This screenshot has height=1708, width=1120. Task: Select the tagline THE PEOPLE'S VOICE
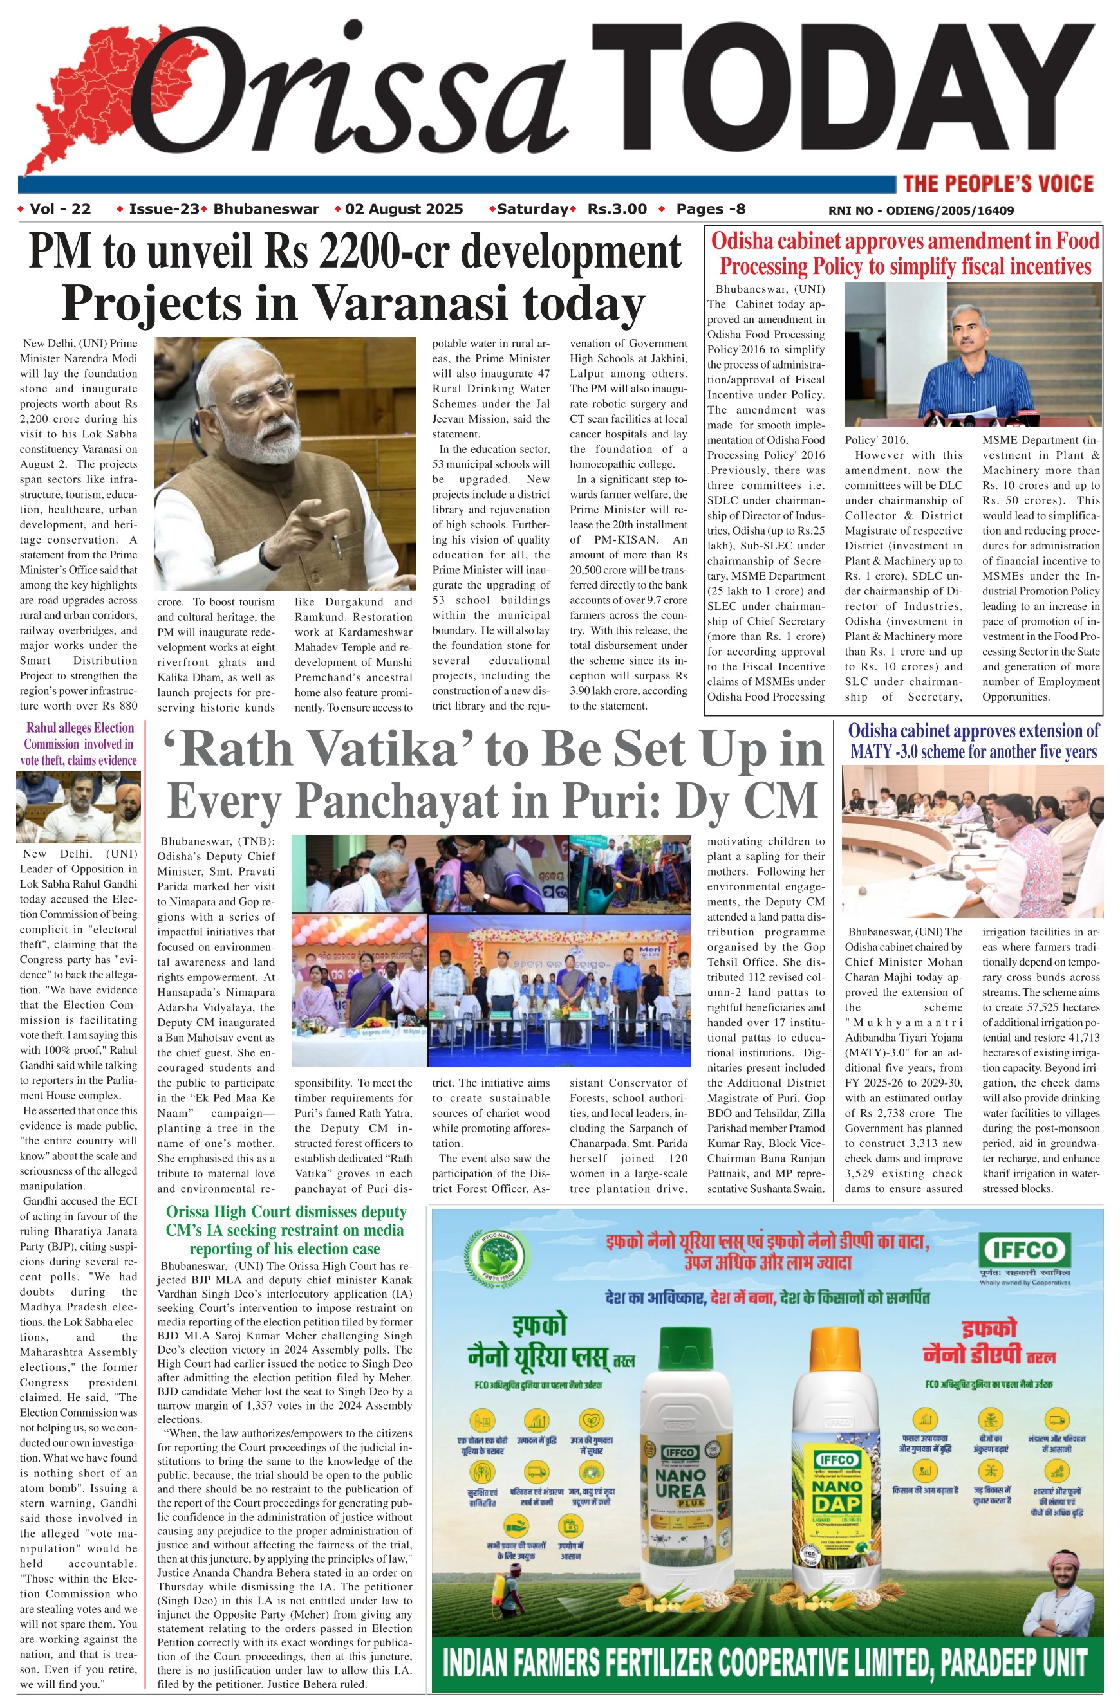998,184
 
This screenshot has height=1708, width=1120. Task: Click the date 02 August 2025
404,209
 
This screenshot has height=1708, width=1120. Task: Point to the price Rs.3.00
617,209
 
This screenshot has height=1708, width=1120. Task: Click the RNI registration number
920,210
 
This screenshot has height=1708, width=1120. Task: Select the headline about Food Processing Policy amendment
904,253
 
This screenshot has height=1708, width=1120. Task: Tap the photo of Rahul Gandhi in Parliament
79,807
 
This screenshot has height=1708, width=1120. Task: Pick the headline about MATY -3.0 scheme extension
973,741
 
